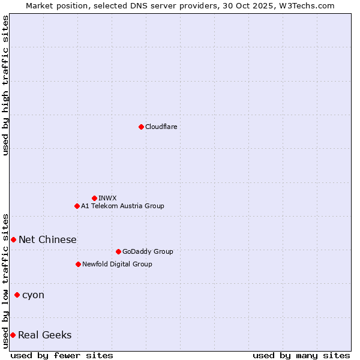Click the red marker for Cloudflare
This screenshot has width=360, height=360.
pyautogui.click(x=141, y=127)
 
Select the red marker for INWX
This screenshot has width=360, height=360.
pyautogui.click(x=94, y=198)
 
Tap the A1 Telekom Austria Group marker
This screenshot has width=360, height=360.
pyautogui.click(x=77, y=206)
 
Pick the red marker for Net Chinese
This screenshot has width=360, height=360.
pyautogui.click(x=13, y=239)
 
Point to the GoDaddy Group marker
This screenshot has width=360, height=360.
pyautogui.click(x=118, y=251)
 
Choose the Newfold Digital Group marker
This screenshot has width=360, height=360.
pyautogui.click(x=78, y=264)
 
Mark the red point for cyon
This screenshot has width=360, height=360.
pyautogui.click(x=17, y=295)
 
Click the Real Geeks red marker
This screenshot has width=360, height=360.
pyautogui.click(x=13, y=335)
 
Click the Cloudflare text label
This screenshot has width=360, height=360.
pyautogui.click(x=161, y=127)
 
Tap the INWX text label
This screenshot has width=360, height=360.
pyautogui.click(x=107, y=198)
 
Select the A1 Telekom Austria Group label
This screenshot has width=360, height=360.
pyautogui.click(x=122, y=206)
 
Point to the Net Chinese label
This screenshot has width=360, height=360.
pyautogui.click(x=47, y=239)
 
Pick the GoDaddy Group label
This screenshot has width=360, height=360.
pyautogui.click(x=148, y=251)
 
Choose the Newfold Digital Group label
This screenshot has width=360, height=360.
pyautogui.click(x=117, y=264)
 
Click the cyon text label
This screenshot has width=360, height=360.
pyautogui.click(x=33, y=295)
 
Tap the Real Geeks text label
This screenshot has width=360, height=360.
pyautogui.click(x=44, y=335)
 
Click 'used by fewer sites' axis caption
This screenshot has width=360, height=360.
pyautogui.click(x=62, y=355)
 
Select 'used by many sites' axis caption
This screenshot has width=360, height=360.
pyautogui.click(x=301, y=355)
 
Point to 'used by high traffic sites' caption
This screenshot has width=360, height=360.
pyautogui.click(x=5, y=85)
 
